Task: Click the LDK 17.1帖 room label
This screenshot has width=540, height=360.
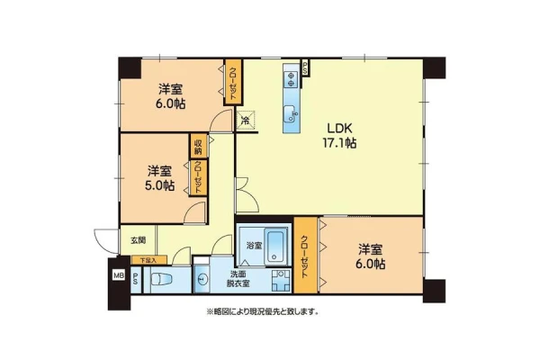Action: (x=339, y=135)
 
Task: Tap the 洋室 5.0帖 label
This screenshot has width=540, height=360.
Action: (x=159, y=178)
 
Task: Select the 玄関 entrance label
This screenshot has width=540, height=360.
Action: (x=138, y=240)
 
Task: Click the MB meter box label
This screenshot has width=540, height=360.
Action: (x=119, y=275)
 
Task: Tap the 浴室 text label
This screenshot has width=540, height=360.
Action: (x=254, y=246)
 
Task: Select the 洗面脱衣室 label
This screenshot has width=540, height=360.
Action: (x=238, y=279)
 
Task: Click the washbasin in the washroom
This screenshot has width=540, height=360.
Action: (x=202, y=279)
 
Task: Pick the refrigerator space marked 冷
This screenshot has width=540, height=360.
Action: (x=246, y=121)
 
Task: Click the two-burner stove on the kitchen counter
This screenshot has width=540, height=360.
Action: (x=292, y=79)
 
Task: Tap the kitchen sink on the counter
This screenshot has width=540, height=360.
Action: (x=291, y=113)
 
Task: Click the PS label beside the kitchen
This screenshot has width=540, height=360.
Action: (x=305, y=67)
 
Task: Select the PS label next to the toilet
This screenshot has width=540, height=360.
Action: (x=136, y=279)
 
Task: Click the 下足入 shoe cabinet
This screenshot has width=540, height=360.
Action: (x=148, y=260)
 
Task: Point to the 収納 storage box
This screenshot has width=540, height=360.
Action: (x=198, y=146)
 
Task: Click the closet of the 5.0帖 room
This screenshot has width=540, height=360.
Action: (x=198, y=177)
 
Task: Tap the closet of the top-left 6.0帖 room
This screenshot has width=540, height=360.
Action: (x=233, y=83)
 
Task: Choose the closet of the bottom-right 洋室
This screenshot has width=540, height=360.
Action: (x=305, y=256)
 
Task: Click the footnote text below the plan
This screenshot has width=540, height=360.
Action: (x=263, y=311)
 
